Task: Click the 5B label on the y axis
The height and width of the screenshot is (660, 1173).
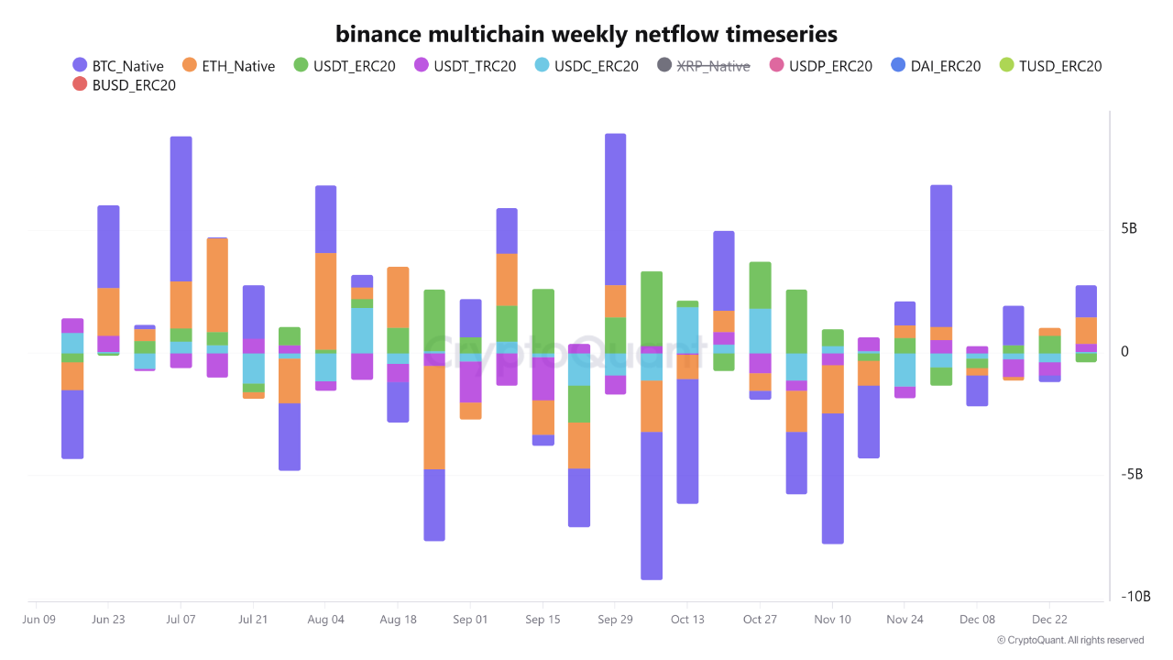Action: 1129,228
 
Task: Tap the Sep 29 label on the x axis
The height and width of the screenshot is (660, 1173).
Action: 615,620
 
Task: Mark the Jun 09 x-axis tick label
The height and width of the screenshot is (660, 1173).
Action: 38,620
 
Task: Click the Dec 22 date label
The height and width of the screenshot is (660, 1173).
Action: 1049,620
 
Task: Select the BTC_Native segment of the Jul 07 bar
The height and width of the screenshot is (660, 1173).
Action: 181,208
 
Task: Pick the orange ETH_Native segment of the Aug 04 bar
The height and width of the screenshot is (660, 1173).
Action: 325,301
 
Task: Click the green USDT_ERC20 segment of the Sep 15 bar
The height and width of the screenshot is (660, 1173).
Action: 543,321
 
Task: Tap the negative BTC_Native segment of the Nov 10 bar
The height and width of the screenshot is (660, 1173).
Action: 832,478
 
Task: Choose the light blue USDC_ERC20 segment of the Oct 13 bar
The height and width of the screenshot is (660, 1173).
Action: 687,329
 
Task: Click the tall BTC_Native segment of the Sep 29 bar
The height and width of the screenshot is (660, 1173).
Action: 615,209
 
